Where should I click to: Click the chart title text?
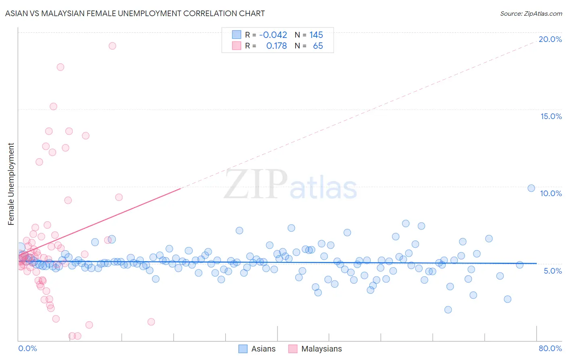point(135,13)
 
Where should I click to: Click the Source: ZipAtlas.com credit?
point(531,13)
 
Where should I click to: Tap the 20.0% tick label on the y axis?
point(550,39)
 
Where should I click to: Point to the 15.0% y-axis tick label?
point(551,116)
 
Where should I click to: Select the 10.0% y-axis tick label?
point(551,193)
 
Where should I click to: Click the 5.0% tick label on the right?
point(552,271)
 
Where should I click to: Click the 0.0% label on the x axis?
point(27,348)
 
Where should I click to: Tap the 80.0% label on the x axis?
point(550,348)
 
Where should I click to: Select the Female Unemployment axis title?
point(11,184)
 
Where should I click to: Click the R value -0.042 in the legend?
point(273,35)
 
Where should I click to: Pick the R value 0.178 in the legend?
point(276,46)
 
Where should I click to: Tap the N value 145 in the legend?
point(316,35)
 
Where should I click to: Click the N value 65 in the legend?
point(318,46)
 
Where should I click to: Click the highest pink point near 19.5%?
point(113,46)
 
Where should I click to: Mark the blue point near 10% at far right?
point(531,188)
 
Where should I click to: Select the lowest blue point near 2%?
point(448,310)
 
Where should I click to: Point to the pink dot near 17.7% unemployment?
point(60,67)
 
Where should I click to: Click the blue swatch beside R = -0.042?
point(236,35)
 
